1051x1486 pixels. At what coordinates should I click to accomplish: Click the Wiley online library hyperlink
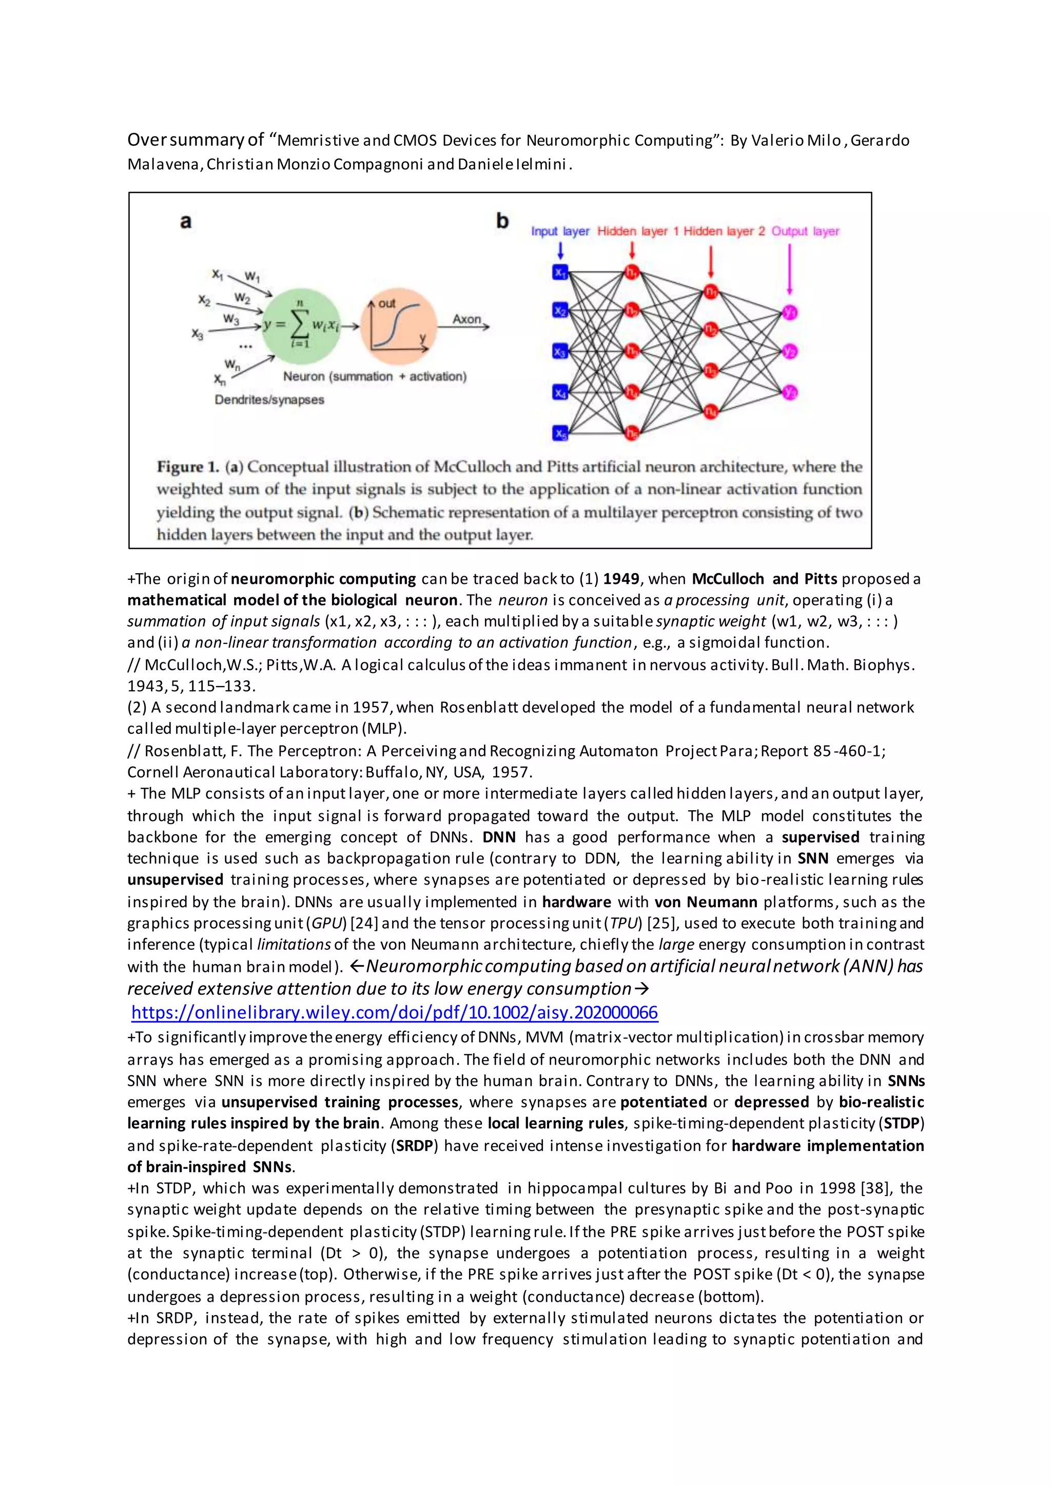(x=394, y=1012)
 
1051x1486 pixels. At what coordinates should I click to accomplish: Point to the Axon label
(x=466, y=319)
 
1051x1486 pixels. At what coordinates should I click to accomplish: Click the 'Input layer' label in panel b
(x=560, y=231)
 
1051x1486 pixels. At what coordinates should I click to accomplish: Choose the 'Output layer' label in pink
(x=805, y=231)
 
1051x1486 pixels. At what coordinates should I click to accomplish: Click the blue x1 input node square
(x=560, y=272)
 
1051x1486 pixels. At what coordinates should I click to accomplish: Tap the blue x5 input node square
(x=560, y=433)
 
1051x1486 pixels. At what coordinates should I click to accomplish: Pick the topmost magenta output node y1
(x=790, y=312)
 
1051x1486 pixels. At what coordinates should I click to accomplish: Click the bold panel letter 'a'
(x=186, y=222)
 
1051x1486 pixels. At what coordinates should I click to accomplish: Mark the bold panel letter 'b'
(x=502, y=221)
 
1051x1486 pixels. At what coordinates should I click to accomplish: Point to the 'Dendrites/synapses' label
(x=269, y=399)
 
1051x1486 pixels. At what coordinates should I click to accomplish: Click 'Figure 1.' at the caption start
(x=188, y=466)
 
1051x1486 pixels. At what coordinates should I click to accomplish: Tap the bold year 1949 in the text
(x=620, y=579)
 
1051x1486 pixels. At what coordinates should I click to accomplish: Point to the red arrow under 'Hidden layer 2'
(x=711, y=262)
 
